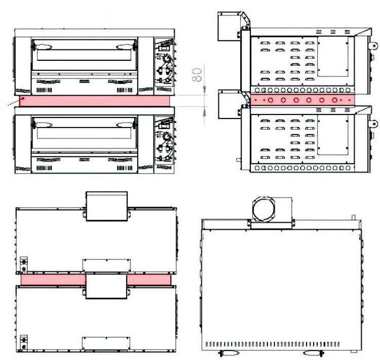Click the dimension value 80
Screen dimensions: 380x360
pyautogui.click(x=197, y=74)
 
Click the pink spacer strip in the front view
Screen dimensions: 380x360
pyautogui.click(x=95, y=101)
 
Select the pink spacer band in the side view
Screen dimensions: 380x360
pyautogui.click(x=302, y=100)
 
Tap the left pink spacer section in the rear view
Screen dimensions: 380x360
pyautogui.click(x=53, y=280)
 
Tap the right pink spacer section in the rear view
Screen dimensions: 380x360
pyautogui.click(x=149, y=280)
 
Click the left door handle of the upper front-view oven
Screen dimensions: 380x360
pyautogui.click(x=42, y=46)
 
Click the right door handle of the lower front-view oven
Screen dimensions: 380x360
pyautogui.click(x=126, y=125)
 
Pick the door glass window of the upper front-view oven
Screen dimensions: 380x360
pyautogui.click(x=84, y=55)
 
